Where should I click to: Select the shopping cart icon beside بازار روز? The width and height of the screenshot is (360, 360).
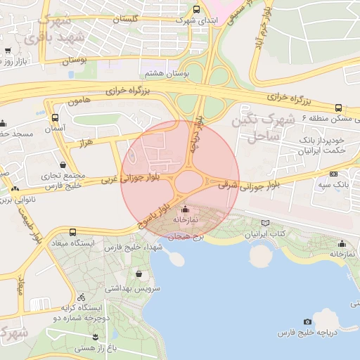(x=7, y=51)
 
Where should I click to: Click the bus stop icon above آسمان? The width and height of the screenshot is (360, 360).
(x=55, y=117)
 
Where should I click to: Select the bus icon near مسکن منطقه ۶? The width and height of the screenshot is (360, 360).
(x=339, y=108)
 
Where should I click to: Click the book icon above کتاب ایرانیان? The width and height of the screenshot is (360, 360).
(x=264, y=223)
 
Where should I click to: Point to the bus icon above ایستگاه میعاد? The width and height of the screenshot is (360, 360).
(x=73, y=232)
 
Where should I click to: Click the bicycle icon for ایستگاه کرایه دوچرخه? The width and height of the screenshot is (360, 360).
(x=81, y=297)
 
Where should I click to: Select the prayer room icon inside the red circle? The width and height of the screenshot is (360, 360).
(x=185, y=209)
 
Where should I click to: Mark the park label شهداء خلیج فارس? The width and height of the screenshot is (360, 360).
(x=131, y=247)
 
